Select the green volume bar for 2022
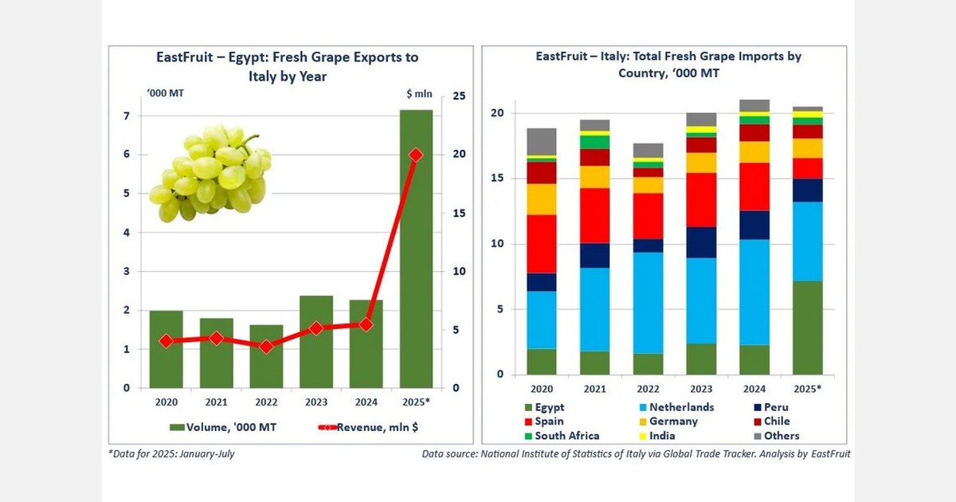point(266,356)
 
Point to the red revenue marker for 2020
point(166,341)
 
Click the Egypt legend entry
point(549,407)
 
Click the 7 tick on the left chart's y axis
point(126,116)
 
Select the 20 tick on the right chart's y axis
point(497,113)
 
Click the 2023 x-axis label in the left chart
point(316,402)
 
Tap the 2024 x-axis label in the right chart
point(753,388)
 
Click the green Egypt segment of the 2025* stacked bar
point(807,327)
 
